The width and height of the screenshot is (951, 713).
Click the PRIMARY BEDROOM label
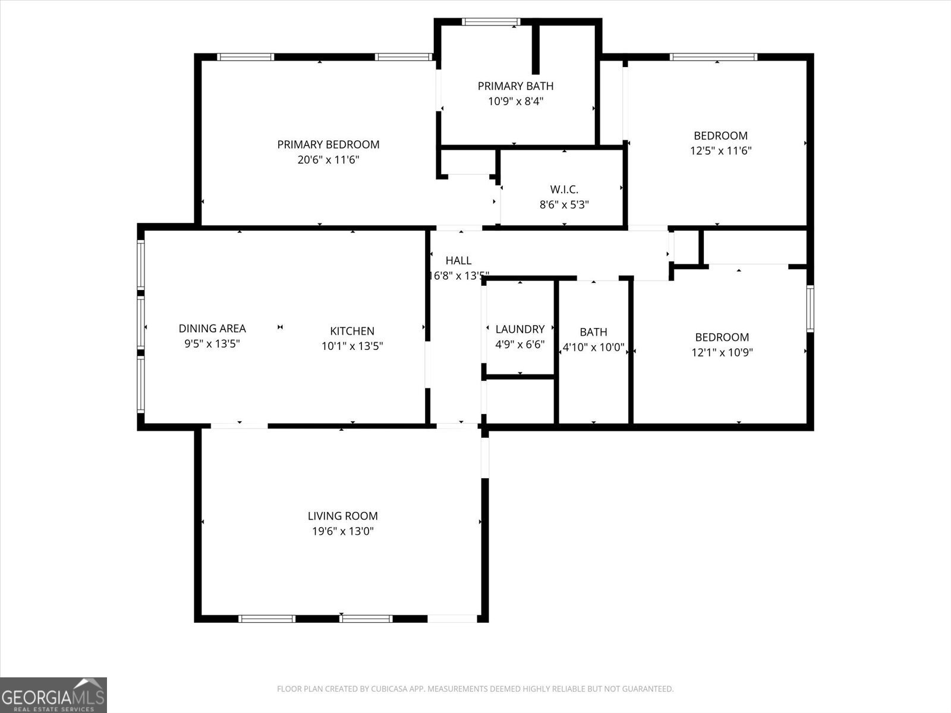click(x=328, y=144)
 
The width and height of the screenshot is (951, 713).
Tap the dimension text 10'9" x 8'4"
click(x=515, y=102)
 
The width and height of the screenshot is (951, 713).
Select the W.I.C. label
click(x=564, y=190)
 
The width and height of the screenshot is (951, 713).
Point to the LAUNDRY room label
click(x=519, y=329)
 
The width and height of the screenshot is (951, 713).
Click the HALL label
click(x=458, y=260)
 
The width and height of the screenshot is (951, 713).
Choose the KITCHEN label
click(x=352, y=331)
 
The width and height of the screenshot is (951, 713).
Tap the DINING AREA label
click(x=212, y=329)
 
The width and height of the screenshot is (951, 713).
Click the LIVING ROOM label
click(x=342, y=516)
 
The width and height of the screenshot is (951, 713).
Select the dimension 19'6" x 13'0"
click(x=342, y=531)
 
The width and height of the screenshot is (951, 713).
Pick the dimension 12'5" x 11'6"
click(x=720, y=151)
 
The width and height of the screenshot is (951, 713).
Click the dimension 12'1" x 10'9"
click(x=722, y=352)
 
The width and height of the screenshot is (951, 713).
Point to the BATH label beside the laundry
click(x=593, y=332)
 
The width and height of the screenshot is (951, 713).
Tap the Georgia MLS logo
click(x=53, y=695)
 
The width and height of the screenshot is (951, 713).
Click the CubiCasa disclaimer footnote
click(x=475, y=689)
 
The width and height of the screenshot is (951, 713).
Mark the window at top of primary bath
click(x=492, y=22)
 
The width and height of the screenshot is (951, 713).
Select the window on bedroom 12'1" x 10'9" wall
click(x=810, y=308)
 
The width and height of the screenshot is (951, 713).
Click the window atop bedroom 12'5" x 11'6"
click(x=713, y=57)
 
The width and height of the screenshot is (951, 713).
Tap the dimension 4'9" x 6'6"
click(x=519, y=345)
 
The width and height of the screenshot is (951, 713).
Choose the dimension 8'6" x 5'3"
click(x=564, y=205)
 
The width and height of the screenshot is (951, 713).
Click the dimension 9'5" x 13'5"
click(x=212, y=343)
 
